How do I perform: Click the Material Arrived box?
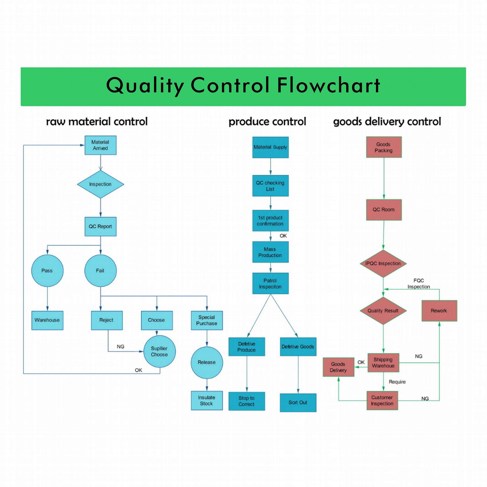[x=100, y=145]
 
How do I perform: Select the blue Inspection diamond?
[x=100, y=184]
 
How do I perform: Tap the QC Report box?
[x=100, y=226]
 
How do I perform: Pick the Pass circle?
[x=47, y=270]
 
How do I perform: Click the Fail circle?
[x=100, y=270]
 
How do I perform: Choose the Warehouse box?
[x=47, y=320]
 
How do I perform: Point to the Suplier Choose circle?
[x=159, y=351]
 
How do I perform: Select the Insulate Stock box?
[x=207, y=400]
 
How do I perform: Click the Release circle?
[x=207, y=362]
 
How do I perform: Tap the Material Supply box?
[x=270, y=147]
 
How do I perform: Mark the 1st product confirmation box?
[x=270, y=221]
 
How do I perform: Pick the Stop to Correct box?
[x=247, y=401]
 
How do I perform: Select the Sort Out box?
[x=298, y=403]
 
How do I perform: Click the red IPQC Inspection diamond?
[x=383, y=264]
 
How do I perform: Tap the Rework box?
[x=439, y=311]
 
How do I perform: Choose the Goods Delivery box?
[x=338, y=367]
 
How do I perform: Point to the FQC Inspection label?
[x=419, y=284]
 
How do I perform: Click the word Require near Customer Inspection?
[x=397, y=382]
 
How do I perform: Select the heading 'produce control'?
[x=267, y=122]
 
